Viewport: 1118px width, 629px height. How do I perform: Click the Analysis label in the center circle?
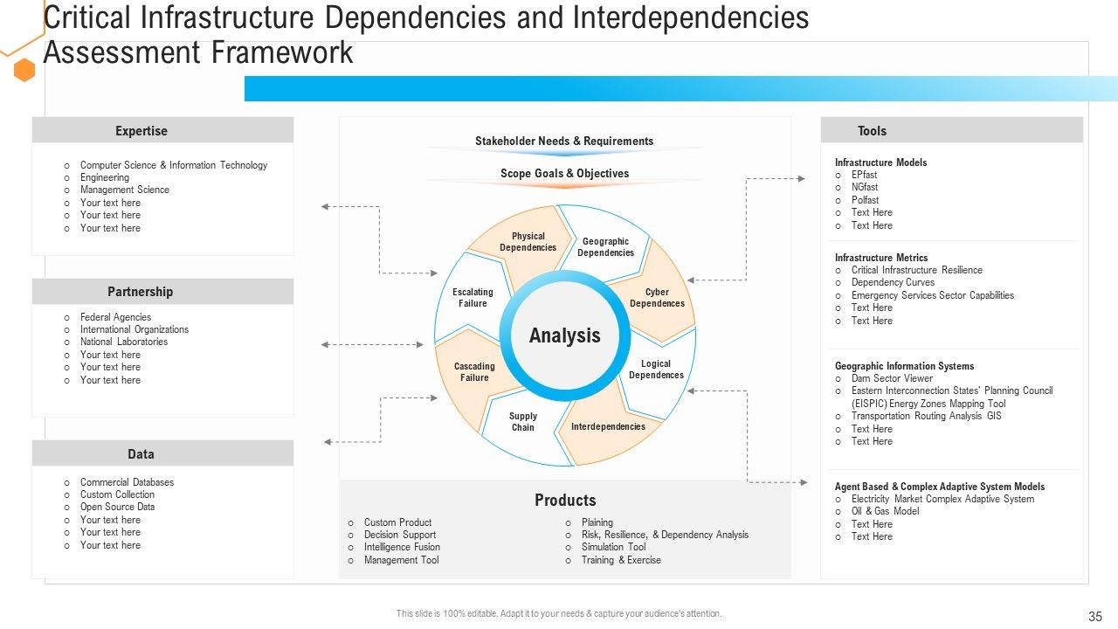click(x=565, y=335)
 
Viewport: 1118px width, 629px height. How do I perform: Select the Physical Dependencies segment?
click(x=528, y=242)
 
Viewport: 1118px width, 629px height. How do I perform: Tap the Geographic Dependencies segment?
click(x=605, y=247)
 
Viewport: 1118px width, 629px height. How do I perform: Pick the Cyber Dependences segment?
click(x=657, y=298)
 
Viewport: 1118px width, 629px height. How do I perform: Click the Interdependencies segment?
click(x=608, y=426)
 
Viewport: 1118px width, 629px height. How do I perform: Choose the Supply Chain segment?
click(x=523, y=422)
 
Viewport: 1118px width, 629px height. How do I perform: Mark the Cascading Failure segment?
click(x=474, y=372)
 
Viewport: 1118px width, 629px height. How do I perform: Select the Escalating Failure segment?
click(x=473, y=298)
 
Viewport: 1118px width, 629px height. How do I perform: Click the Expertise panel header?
click(x=162, y=131)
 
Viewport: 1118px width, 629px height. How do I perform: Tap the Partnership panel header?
click(x=162, y=292)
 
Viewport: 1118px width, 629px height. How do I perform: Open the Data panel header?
click(x=162, y=454)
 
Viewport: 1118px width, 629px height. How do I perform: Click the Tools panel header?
click(x=951, y=131)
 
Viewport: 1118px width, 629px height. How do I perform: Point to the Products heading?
click(x=565, y=501)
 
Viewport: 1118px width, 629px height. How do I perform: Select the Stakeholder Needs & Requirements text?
click(x=564, y=142)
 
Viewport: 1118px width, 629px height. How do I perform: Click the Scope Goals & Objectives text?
click(x=564, y=174)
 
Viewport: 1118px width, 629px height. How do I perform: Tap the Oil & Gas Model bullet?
click(x=885, y=511)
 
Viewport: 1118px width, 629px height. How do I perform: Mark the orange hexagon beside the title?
click(x=24, y=71)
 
